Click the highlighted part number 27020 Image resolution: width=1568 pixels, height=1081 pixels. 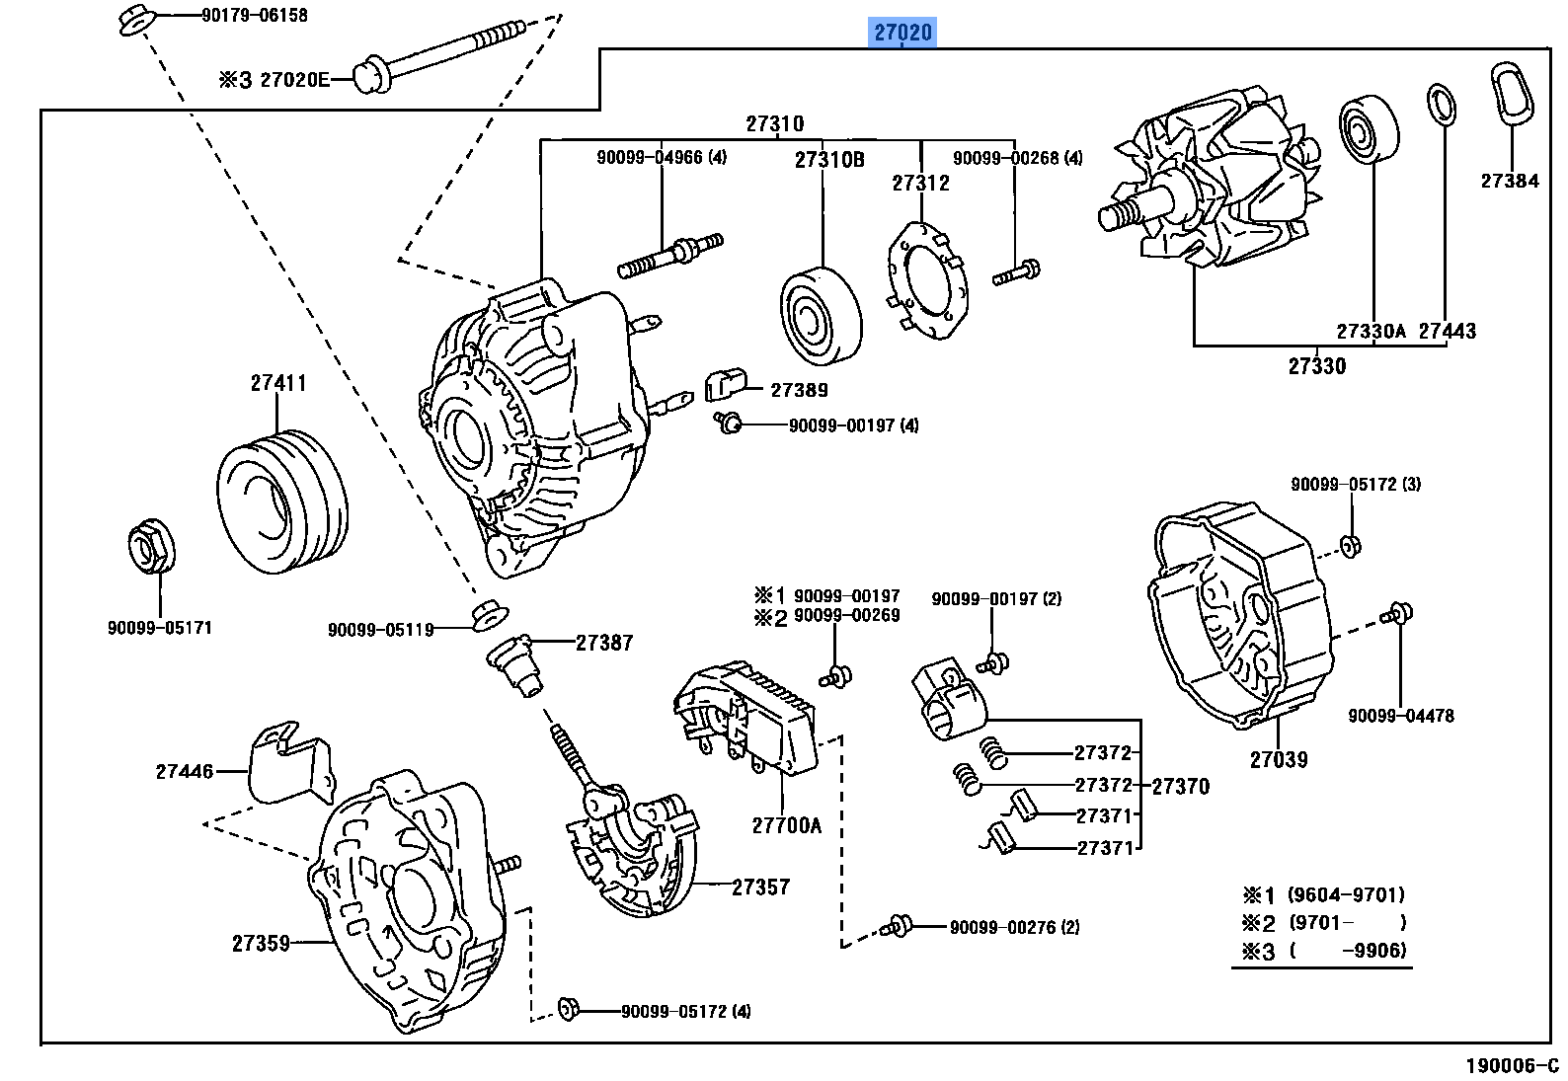pyautogui.click(x=902, y=33)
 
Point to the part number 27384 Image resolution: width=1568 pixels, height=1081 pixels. pyautogui.click(x=1509, y=181)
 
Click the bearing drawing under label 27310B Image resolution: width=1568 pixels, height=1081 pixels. pyautogui.click(x=821, y=317)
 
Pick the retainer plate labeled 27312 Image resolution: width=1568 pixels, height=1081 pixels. pyautogui.click(x=926, y=280)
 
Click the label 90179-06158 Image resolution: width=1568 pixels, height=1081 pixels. pyautogui.click(x=254, y=15)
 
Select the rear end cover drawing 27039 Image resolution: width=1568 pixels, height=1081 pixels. pyautogui.click(x=1239, y=612)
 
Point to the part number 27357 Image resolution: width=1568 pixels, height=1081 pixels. pyautogui.click(x=760, y=887)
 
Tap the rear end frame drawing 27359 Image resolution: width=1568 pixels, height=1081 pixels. pyautogui.click(x=410, y=898)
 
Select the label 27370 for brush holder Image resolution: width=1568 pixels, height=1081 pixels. pyautogui.click(x=1180, y=786)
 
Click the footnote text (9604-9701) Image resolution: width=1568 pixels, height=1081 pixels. pyautogui.click(x=1346, y=895)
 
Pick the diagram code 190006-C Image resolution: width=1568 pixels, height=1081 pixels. pyautogui.click(x=1511, y=1065)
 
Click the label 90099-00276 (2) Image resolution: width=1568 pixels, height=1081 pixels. pyautogui.click(x=1014, y=927)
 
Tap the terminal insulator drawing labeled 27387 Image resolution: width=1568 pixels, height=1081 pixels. pyautogui.click(x=516, y=664)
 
